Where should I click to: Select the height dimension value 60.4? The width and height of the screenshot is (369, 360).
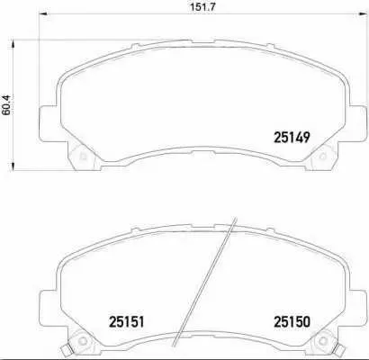6,104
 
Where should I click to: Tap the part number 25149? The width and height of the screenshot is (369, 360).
292,138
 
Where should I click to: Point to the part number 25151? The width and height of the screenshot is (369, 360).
126,322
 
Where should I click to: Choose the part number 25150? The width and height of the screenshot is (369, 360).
292,322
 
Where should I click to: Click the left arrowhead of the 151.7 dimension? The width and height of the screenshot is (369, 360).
44,13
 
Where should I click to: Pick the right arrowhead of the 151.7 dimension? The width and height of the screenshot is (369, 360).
362,13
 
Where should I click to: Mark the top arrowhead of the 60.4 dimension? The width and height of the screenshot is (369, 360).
13,44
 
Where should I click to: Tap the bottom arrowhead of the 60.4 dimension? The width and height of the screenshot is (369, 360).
13,166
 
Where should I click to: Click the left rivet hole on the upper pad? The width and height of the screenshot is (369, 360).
83,157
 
